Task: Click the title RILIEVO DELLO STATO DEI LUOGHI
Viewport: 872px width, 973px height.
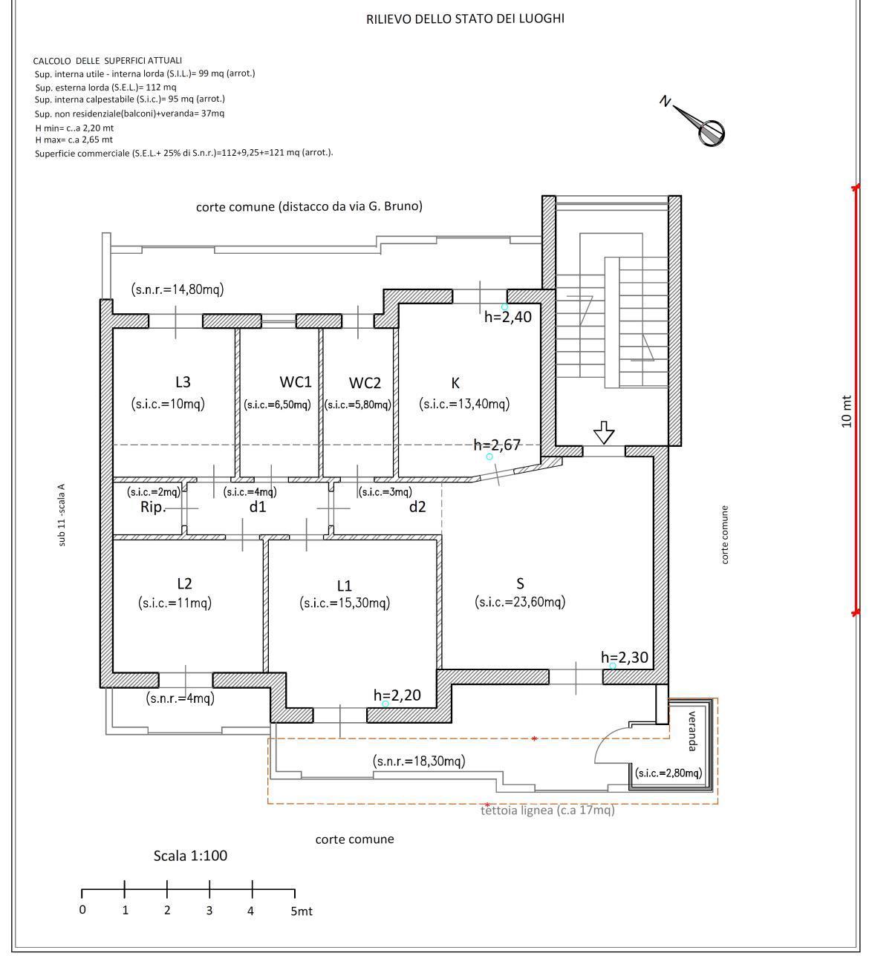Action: click(x=465, y=19)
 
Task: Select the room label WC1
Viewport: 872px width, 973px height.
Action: click(x=296, y=381)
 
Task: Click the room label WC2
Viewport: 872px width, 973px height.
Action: click(x=365, y=383)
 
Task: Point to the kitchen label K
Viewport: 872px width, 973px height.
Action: click(x=455, y=383)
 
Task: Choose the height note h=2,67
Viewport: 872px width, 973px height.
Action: click(x=497, y=445)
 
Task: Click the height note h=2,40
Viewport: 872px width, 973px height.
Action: click(x=507, y=317)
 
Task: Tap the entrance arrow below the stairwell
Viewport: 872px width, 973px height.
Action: click(x=604, y=432)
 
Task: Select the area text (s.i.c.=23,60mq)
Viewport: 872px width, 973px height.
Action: click(x=520, y=602)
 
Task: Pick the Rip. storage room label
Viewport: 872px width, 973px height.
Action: click(x=153, y=507)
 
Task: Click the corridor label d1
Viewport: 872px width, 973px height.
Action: click(x=258, y=507)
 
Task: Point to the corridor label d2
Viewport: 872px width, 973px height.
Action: click(x=417, y=507)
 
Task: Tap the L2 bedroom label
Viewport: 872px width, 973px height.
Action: click(x=185, y=583)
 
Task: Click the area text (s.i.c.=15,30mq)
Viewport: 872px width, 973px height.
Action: click(x=345, y=603)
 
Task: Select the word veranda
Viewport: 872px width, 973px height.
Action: click(x=692, y=731)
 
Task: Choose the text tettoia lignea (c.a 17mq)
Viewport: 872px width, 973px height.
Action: click(x=547, y=810)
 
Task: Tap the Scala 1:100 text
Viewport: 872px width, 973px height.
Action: click(x=190, y=856)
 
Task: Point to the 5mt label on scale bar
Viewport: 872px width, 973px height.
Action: click(x=302, y=911)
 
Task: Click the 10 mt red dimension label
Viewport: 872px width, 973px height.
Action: click(x=847, y=412)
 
